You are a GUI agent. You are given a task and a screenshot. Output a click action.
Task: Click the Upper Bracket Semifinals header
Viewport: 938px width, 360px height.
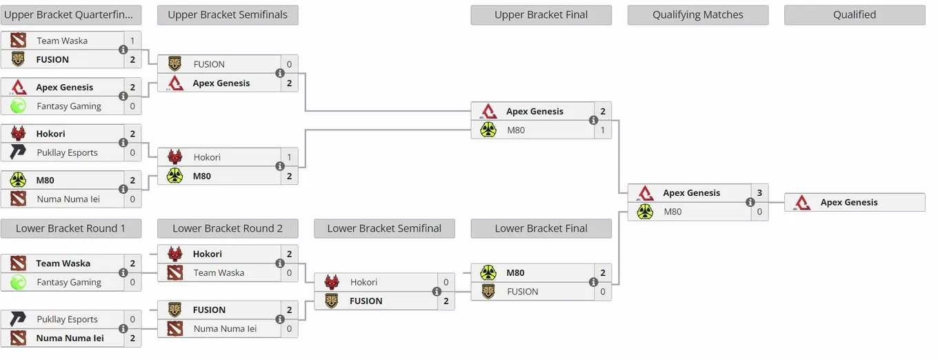228,15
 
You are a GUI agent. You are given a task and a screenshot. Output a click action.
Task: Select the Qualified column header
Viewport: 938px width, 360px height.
855,15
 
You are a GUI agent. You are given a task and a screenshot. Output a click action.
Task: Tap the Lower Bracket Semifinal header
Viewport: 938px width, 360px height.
384,228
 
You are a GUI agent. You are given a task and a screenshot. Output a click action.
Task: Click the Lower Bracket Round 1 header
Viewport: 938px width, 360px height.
71,228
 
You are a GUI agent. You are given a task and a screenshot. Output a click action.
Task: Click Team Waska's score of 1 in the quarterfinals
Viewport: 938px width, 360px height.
132,41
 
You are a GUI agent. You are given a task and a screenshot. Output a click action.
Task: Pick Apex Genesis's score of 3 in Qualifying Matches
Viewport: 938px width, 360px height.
759,193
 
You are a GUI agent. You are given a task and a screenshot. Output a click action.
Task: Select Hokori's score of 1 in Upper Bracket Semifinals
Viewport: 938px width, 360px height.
289,157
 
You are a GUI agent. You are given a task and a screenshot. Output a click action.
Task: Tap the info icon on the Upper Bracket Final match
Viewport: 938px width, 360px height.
593,121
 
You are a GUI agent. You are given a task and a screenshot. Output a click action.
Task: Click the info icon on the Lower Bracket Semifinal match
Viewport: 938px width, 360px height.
437,291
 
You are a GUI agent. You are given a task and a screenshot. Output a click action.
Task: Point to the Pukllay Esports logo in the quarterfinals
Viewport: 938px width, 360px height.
18,152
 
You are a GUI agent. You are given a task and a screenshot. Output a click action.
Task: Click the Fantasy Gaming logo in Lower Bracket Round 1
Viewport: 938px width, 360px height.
18,282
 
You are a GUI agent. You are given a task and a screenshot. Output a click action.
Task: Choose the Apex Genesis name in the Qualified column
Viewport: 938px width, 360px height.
849,203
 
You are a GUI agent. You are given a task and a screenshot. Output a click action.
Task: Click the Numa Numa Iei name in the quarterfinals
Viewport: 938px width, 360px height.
68,199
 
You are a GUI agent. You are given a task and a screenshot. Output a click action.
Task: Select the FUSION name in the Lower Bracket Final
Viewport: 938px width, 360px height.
522,292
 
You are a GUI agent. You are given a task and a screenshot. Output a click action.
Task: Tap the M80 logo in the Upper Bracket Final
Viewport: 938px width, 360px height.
488,130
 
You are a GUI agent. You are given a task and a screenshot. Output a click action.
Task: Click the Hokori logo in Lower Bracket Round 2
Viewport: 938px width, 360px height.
175,254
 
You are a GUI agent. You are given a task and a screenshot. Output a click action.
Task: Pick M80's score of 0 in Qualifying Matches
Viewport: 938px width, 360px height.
759,212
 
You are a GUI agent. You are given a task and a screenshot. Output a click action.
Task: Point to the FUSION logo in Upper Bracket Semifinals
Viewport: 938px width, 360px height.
174,64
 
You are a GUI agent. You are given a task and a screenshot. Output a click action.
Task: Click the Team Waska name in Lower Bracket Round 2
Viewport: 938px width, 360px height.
219,273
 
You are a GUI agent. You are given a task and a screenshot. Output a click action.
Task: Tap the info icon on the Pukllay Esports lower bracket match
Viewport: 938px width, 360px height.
123,328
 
